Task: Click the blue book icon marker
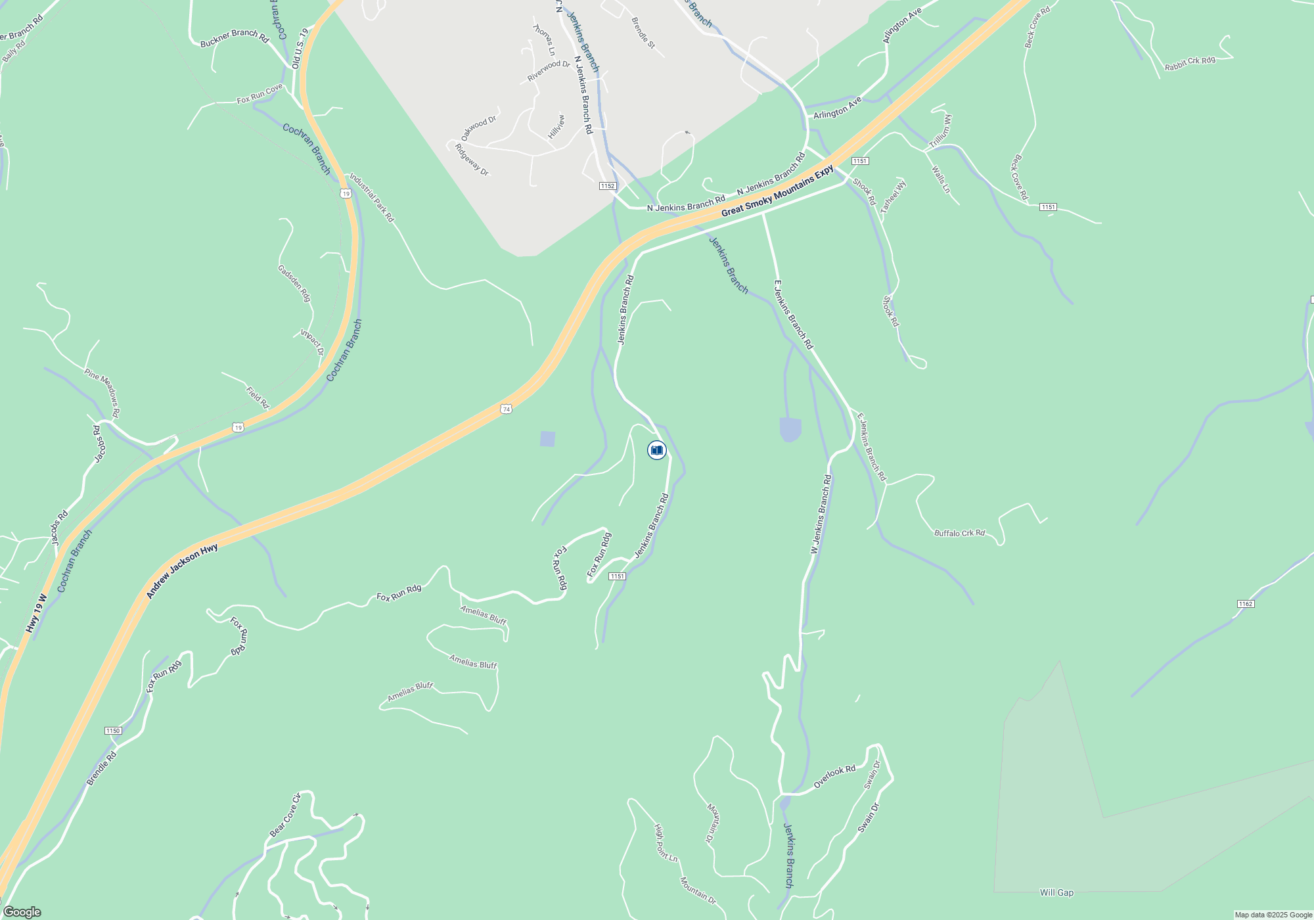click(x=656, y=450)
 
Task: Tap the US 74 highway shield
click(x=505, y=409)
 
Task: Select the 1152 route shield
click(x=608, y=186)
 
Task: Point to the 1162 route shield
click(x=1246, y=604)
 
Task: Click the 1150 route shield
click(x=113, y=731)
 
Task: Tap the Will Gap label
click(x=1056, y=892)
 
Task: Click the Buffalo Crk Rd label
click(x=959, y=533)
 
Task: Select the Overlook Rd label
click(x=834, y=777)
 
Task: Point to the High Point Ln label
click(x=666, y=842)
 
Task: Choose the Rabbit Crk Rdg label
click(x=1189, y=64)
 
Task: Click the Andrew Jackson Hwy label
click(x=182, y=571)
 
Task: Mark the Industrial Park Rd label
click(x=371, y=197)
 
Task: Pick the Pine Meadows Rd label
click(x=102, y=393)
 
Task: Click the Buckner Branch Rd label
click(x=235, y=38)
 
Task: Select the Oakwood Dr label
click(x=478, y=127)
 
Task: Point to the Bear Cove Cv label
click(x=285, y=815)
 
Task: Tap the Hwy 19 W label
click(x=37, y=614)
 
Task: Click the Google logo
click(x=22, y=912)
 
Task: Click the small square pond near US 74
click(x=547, y=439)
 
